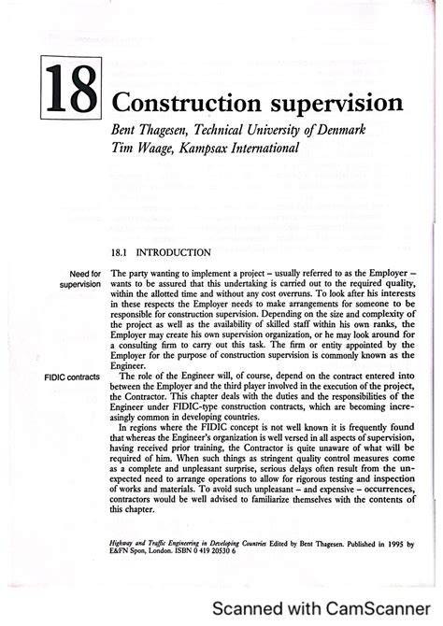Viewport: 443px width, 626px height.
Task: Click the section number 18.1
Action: (121, 252)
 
